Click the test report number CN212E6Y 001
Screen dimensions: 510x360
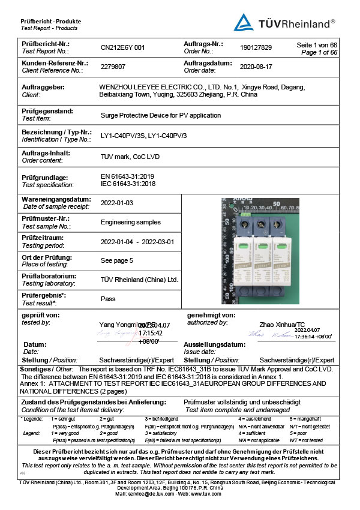(x=123, y=47)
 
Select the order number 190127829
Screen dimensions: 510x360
(x=256, y=47)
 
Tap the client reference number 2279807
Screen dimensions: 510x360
(x=113, y=67)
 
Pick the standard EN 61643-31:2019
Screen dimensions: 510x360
(x=128, y=177)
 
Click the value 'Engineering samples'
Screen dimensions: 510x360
(x=131, y=222)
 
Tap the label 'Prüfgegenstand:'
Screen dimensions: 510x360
(x=47, y=111)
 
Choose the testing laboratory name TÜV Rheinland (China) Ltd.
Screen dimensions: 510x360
(x=140, y=279)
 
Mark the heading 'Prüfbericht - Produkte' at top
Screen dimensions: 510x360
(x=50, y=22)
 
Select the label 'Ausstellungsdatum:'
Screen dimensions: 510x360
(x=216, y=345)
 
